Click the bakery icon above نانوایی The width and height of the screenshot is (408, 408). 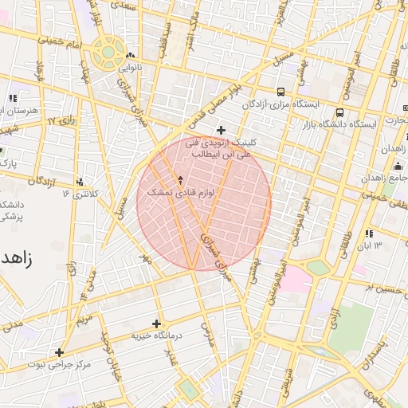click(x=128, y=56)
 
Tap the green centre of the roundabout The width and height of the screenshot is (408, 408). click(x=107, y=54)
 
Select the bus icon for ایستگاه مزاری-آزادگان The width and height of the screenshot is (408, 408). click(x=280, y=92)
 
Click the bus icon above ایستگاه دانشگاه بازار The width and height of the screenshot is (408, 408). click(x=340, y=112)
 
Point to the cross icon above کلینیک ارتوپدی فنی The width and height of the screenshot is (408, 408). click(x=221, y=130)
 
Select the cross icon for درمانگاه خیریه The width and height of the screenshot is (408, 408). click(x=156, y=324)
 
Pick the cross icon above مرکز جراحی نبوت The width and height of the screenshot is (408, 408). click(x=59, y=351)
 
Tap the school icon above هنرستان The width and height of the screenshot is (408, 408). click(x=12, y=98)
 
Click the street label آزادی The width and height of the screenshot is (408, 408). click(x=339, y=312)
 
